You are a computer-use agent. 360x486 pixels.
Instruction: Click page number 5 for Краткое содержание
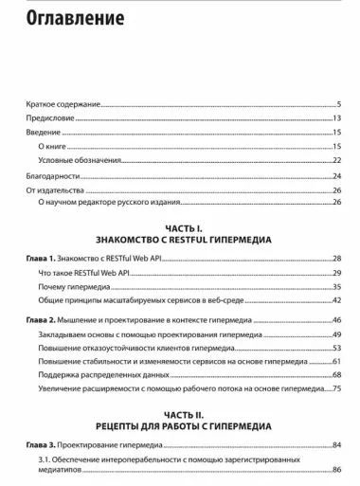coord(338,103)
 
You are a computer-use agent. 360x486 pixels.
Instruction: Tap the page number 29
coord(336,272)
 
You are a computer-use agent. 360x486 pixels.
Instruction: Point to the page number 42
coord(336,299)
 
